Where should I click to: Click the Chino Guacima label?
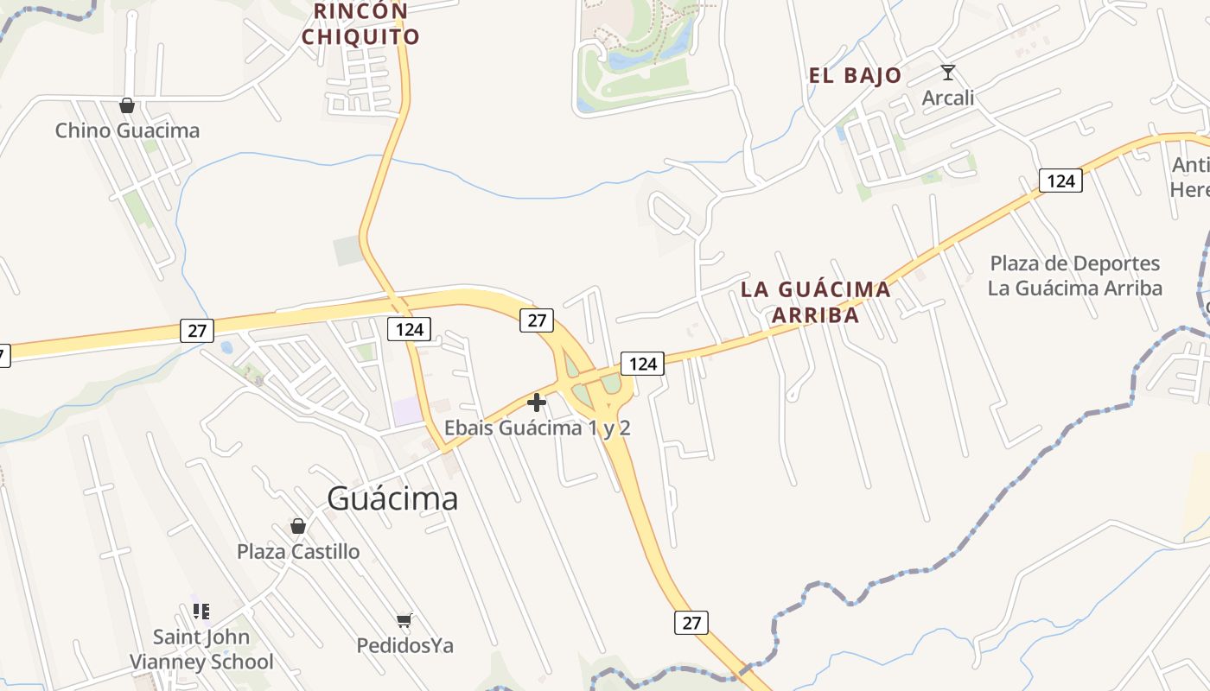(x=127, y=130)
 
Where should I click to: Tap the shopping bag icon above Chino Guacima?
(x=127, y=105)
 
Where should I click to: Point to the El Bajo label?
(x=855, y=75)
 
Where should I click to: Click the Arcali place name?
(x=948, y=98)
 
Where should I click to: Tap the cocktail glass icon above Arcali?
(x=948, y=73)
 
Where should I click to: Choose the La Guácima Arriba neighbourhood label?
(x=815, y=301)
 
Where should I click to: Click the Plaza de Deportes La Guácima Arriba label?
(x=1075, y=276)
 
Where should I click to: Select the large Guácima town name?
(x=392, y=498)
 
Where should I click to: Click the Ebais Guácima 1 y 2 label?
(x=537, y=428)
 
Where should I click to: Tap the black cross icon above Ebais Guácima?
(x=537, y=403)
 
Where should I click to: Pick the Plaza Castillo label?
(x=298, y=551)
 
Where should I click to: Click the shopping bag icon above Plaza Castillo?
(x=298, y=526)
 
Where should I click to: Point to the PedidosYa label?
(x=404, y=645)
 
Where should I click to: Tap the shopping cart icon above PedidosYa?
(x=404, y=620)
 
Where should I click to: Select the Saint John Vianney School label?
(x=201, y=650)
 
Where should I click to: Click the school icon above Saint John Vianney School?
(x=201, y=612)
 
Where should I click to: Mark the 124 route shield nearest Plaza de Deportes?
(x=1060, y=180)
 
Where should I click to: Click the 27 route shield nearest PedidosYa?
(x=691, y=622)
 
